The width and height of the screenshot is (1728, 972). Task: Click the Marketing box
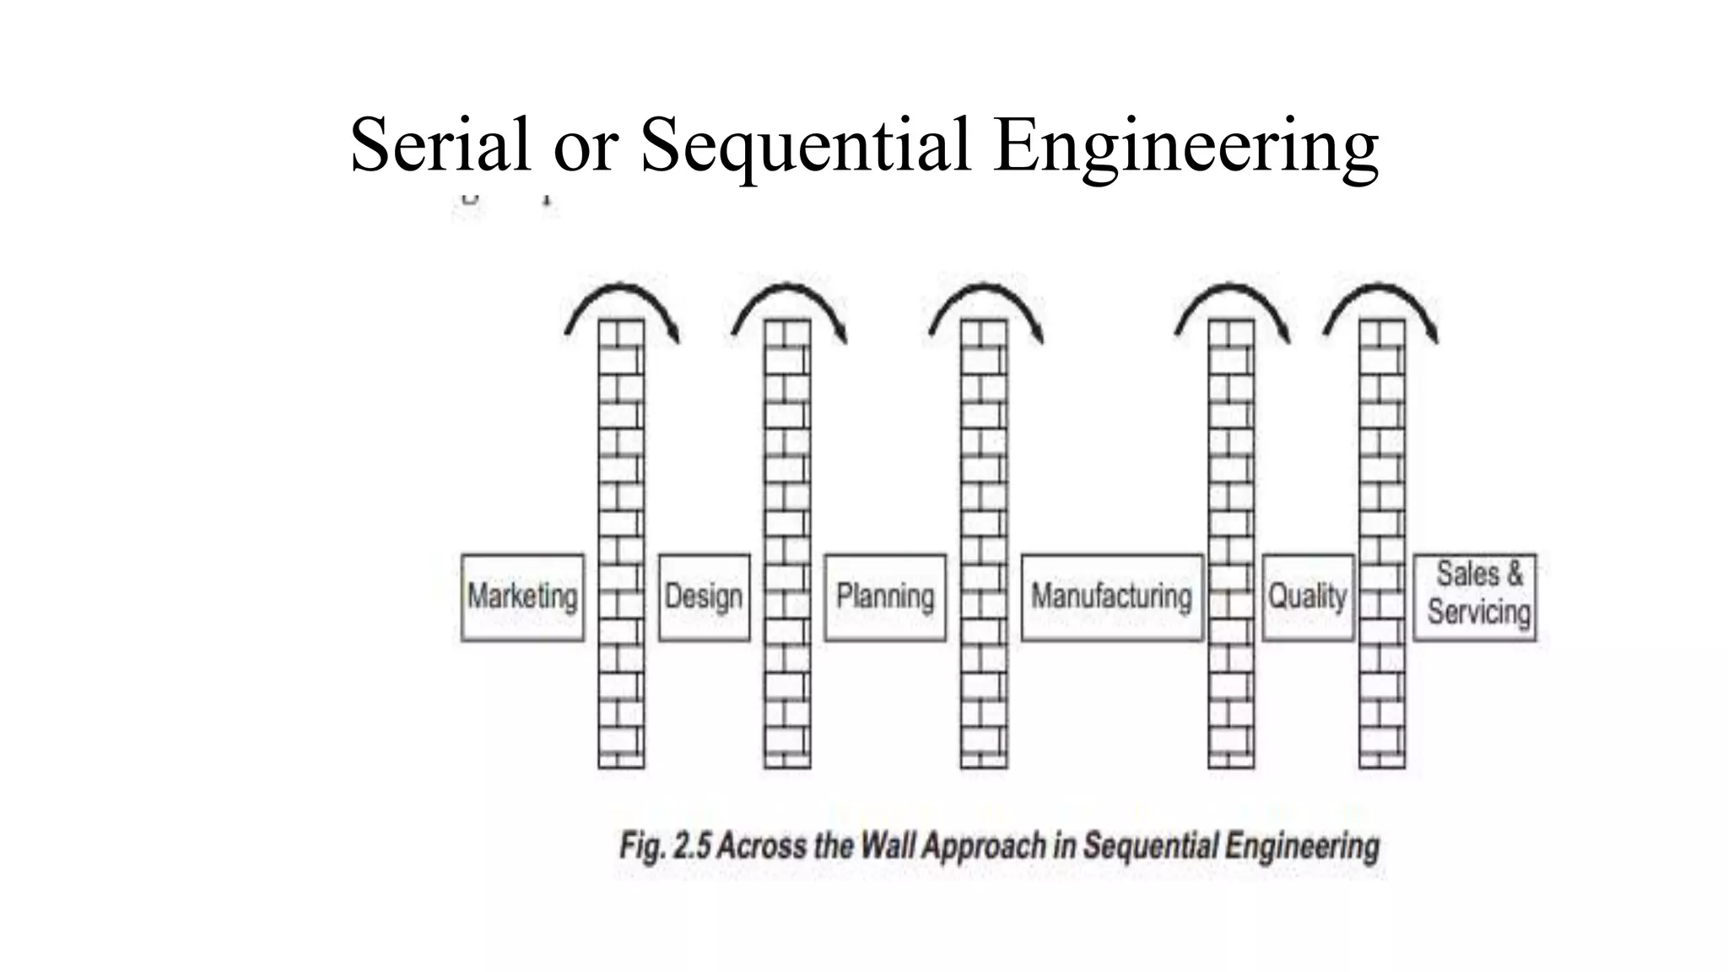(522, 597)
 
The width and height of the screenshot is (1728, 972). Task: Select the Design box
(704, 597)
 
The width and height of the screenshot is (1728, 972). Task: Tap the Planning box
(885, 597)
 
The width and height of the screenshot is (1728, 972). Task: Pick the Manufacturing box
(1112, 597)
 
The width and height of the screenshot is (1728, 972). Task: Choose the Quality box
(1308, 597)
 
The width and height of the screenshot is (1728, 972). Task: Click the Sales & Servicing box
(1475, 596)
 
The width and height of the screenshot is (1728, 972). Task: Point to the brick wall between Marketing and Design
(621, 472)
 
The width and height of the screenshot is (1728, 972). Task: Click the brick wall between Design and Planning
(787, 472)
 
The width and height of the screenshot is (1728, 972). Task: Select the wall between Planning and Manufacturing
(984, 472)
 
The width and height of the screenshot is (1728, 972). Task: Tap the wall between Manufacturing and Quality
(1231, 472)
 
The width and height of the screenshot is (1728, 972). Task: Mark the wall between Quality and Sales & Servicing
(1382, 472)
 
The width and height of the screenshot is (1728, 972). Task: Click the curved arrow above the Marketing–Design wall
(623, 291)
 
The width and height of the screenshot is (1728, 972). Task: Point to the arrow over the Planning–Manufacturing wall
(986, 291)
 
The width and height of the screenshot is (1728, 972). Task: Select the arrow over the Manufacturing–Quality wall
(1233, 291)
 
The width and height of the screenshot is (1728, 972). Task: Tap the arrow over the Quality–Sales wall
(1382, 291)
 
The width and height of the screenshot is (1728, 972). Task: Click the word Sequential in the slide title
(806, 145)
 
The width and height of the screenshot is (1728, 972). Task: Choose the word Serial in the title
(440, 145)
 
